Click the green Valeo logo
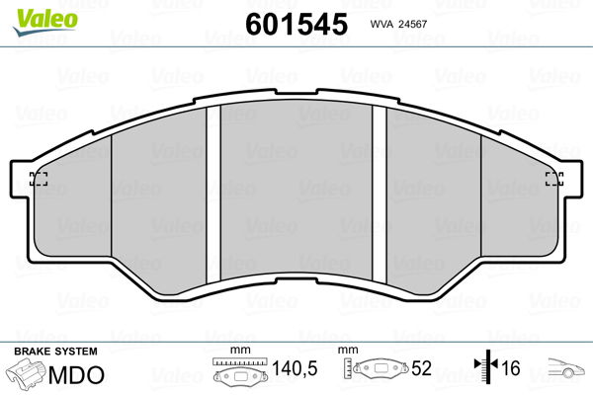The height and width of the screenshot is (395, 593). point(45,22)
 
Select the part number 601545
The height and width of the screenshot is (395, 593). point(296,24)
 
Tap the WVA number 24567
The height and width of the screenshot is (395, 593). point(411,24)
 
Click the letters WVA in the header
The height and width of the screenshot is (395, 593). point(381,24)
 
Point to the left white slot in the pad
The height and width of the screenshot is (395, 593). point(213,195)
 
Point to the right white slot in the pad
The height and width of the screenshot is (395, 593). point(380,195)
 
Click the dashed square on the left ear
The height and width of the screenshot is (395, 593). point(39,179)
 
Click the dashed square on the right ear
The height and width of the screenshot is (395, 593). point(554,179)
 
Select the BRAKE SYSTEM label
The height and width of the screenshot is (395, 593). point(55,352)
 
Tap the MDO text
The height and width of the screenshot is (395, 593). point(76,375)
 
